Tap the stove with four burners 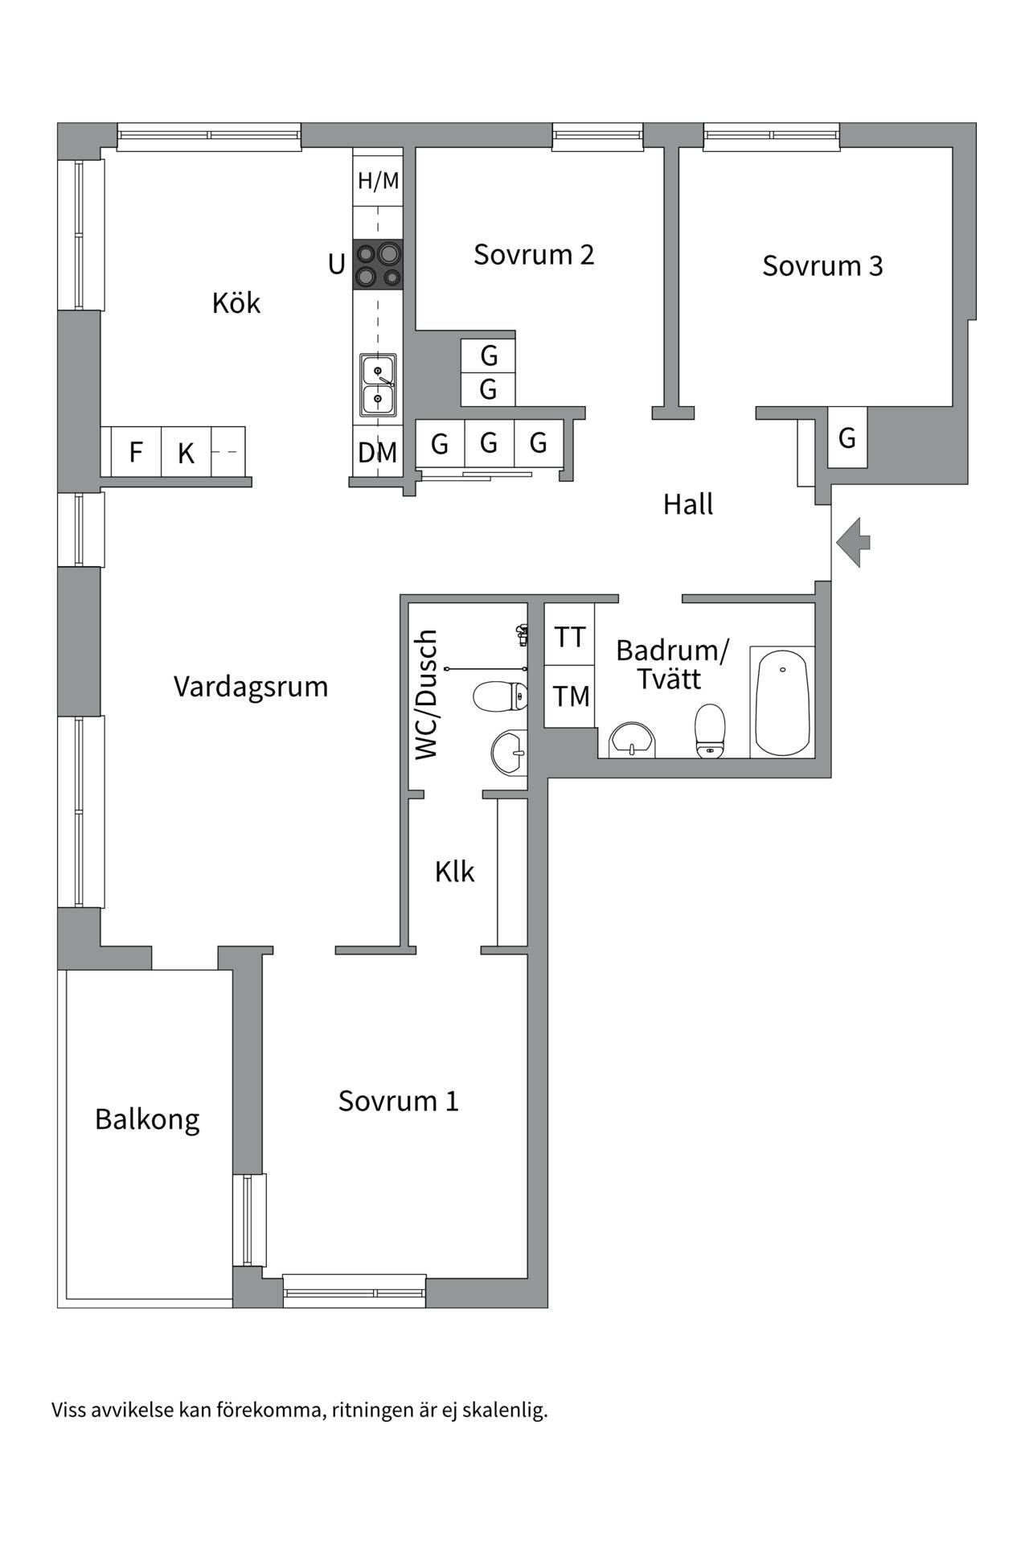pyautogui.click(x=378, y=265)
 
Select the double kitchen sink pyautogui.click(x=378, y=385)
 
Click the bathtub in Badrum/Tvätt pyautogui.click(x=782, y=701)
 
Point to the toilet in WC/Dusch pyautogui.click(x=500, y=696)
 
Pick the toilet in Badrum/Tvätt pyautogui.click(x=710, y=731)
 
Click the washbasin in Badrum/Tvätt pyautogui.click(x=633, y=740)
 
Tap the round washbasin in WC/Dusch pyautogui.click(x=509, y=753)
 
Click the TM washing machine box pyautogui.click(x=570, y=696)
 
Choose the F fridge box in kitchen pyautogui.click(x=136, y=452)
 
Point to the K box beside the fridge pyautogui.click(x=187, y=452)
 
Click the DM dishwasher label pyautogui.click(x=378, y=453)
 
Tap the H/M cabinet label pyautogui.click(x=378, y=181)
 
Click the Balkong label pyautogui.click(x=147, y=1119)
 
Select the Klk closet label pyautogui.click(x=455, y=872)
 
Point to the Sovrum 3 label pyautogui.click(x=822, y=265)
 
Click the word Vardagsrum pyautogui.click(x=251, y=687)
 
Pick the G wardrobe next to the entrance pyautogui.click(x=847, y=438)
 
